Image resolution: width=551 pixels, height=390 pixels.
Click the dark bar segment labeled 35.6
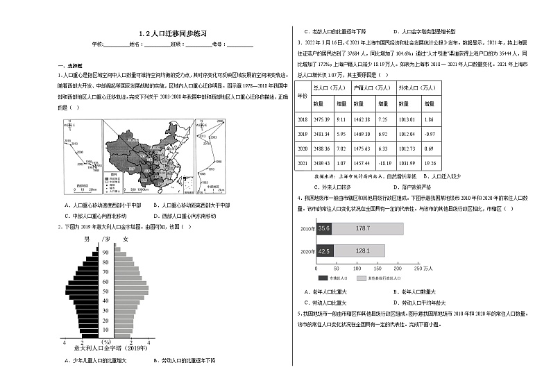pyautogui.click(x=325, y=228)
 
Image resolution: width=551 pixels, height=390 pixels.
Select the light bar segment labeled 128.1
pyautogui.click(x=362, y=251)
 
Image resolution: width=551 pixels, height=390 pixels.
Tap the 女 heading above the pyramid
pyautogui.click(x=125, y=239)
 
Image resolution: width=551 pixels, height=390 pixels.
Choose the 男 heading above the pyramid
pyautogui.click(x=87, y=239)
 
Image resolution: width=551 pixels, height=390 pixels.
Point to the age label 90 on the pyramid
pyautogui.click(x=106, y=253)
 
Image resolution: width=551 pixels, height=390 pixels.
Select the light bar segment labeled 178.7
pyautogui.click(x=368, y=228)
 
